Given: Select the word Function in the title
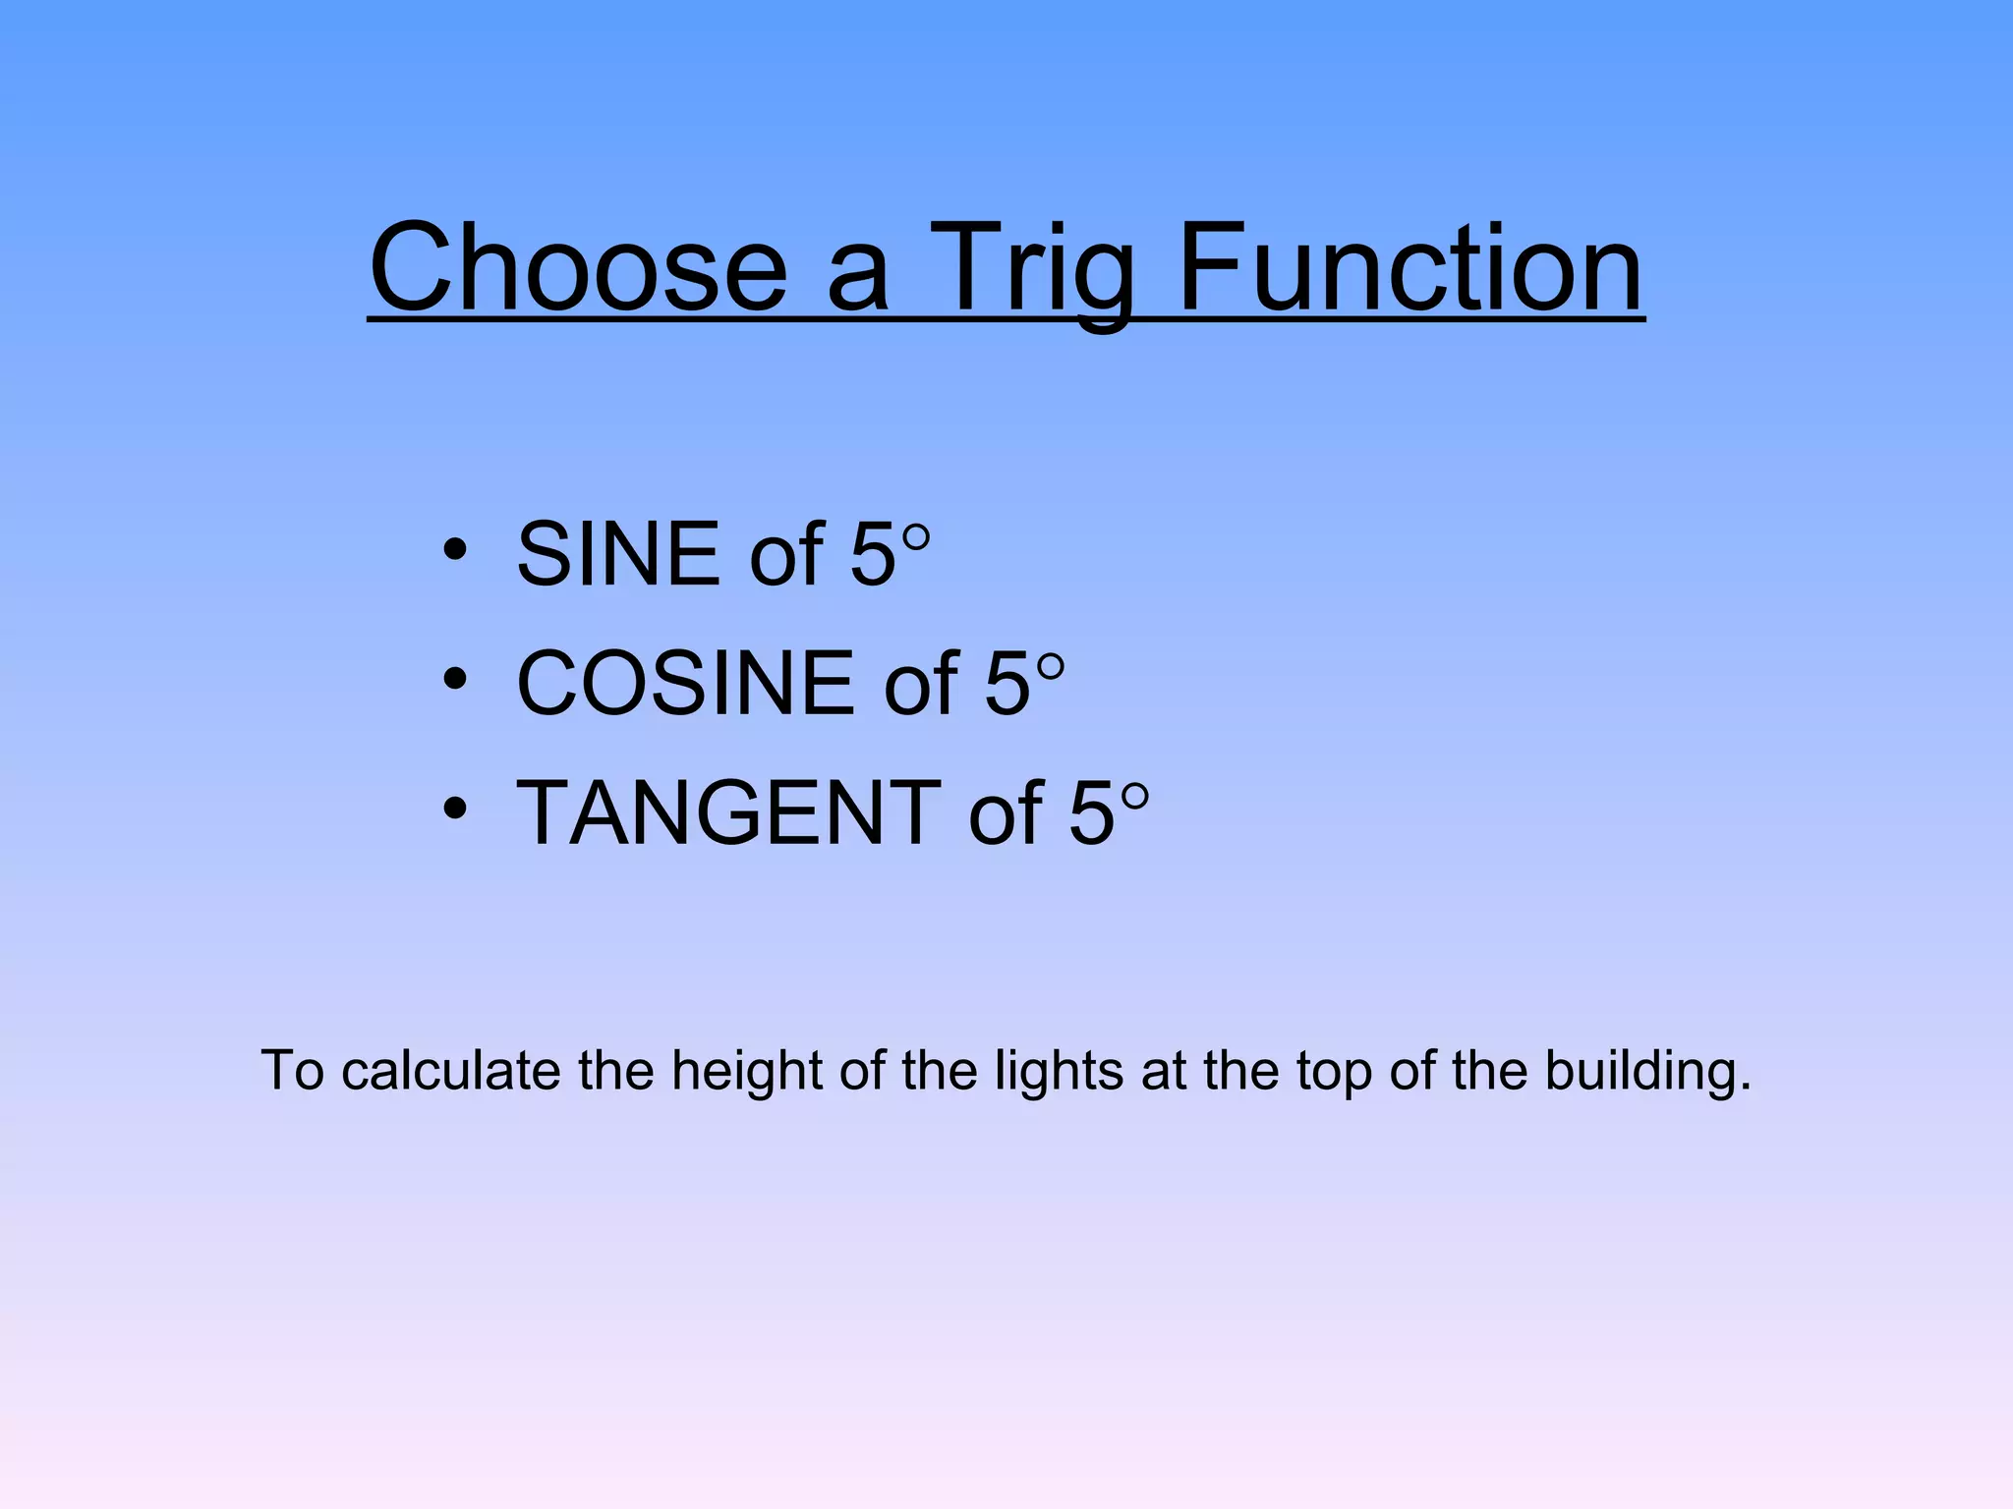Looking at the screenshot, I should click(1409, 267).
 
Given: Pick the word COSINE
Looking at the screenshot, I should click(685, 683).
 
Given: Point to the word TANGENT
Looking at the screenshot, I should click(727, 811).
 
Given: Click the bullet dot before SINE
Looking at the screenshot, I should click(454, 550).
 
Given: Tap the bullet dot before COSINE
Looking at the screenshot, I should click(454, 679).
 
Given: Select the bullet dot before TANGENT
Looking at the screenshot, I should click(454, 808).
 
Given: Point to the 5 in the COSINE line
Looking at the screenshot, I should click(1007, 683).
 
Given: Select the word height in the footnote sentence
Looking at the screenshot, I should click(746, 1071).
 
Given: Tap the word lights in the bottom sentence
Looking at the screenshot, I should click(1059, 1071).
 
